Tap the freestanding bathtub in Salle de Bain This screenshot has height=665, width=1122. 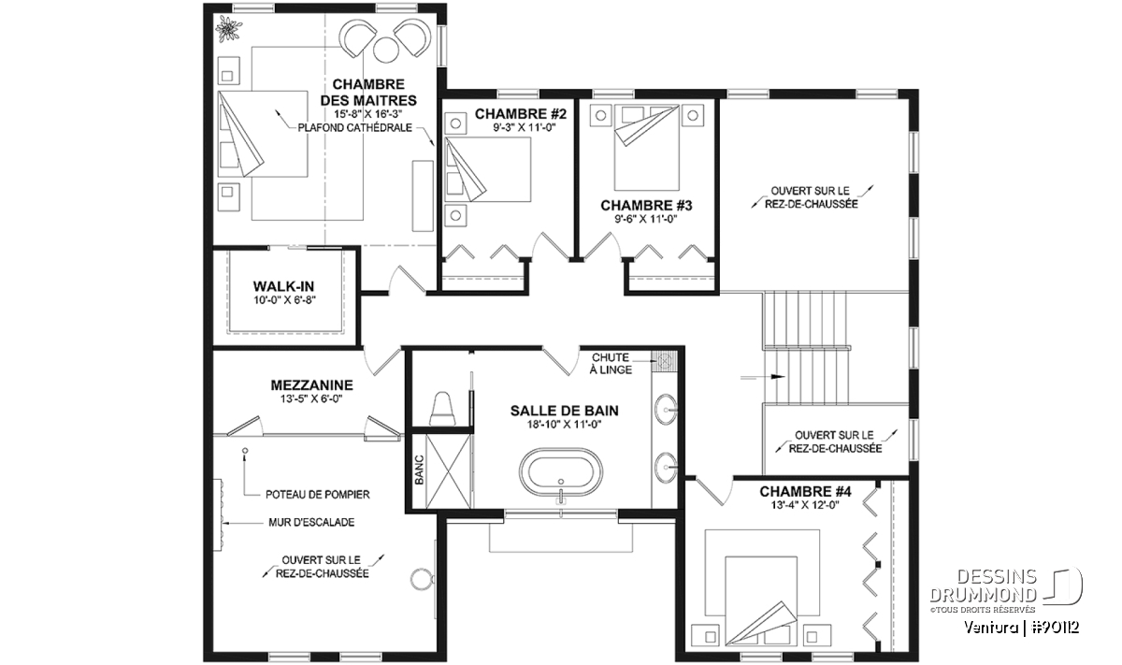[561, 473]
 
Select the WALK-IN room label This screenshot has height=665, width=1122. [283, 286]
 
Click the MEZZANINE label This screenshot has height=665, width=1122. [311, 384]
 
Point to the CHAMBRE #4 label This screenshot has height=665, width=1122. [805, 491]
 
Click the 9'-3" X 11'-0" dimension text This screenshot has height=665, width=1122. [525, 128]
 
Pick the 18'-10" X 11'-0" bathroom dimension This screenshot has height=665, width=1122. [564, 425]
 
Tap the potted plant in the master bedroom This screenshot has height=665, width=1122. [228, 29]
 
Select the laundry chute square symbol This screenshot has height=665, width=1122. [664, 361]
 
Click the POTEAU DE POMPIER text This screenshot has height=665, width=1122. [318, 495]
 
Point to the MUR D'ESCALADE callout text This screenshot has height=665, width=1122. [311, 522]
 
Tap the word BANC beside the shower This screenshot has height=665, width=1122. [419, 470]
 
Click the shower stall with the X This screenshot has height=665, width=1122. [448, 471]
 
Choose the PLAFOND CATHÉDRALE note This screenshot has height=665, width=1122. [355, 128]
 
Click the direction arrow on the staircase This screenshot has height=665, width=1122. [762, 376]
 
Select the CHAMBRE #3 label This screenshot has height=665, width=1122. [646, 206]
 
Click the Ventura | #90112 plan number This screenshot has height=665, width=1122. [1021, 628]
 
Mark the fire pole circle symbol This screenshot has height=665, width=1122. [245, 450]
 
